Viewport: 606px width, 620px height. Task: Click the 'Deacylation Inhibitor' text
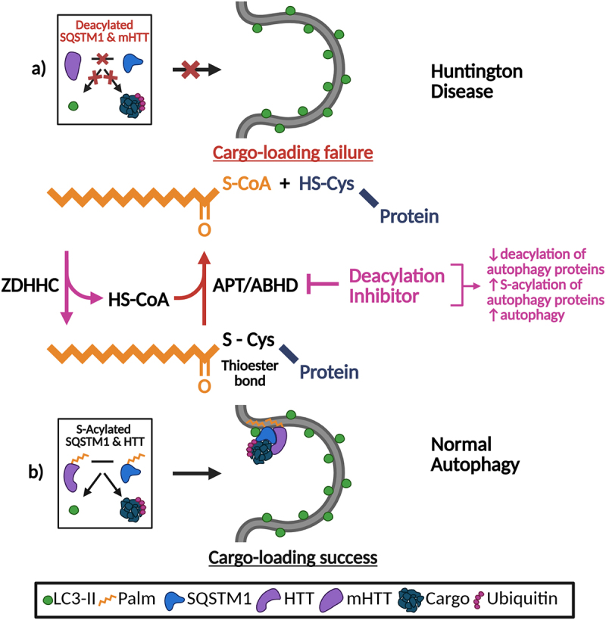[396, 286]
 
